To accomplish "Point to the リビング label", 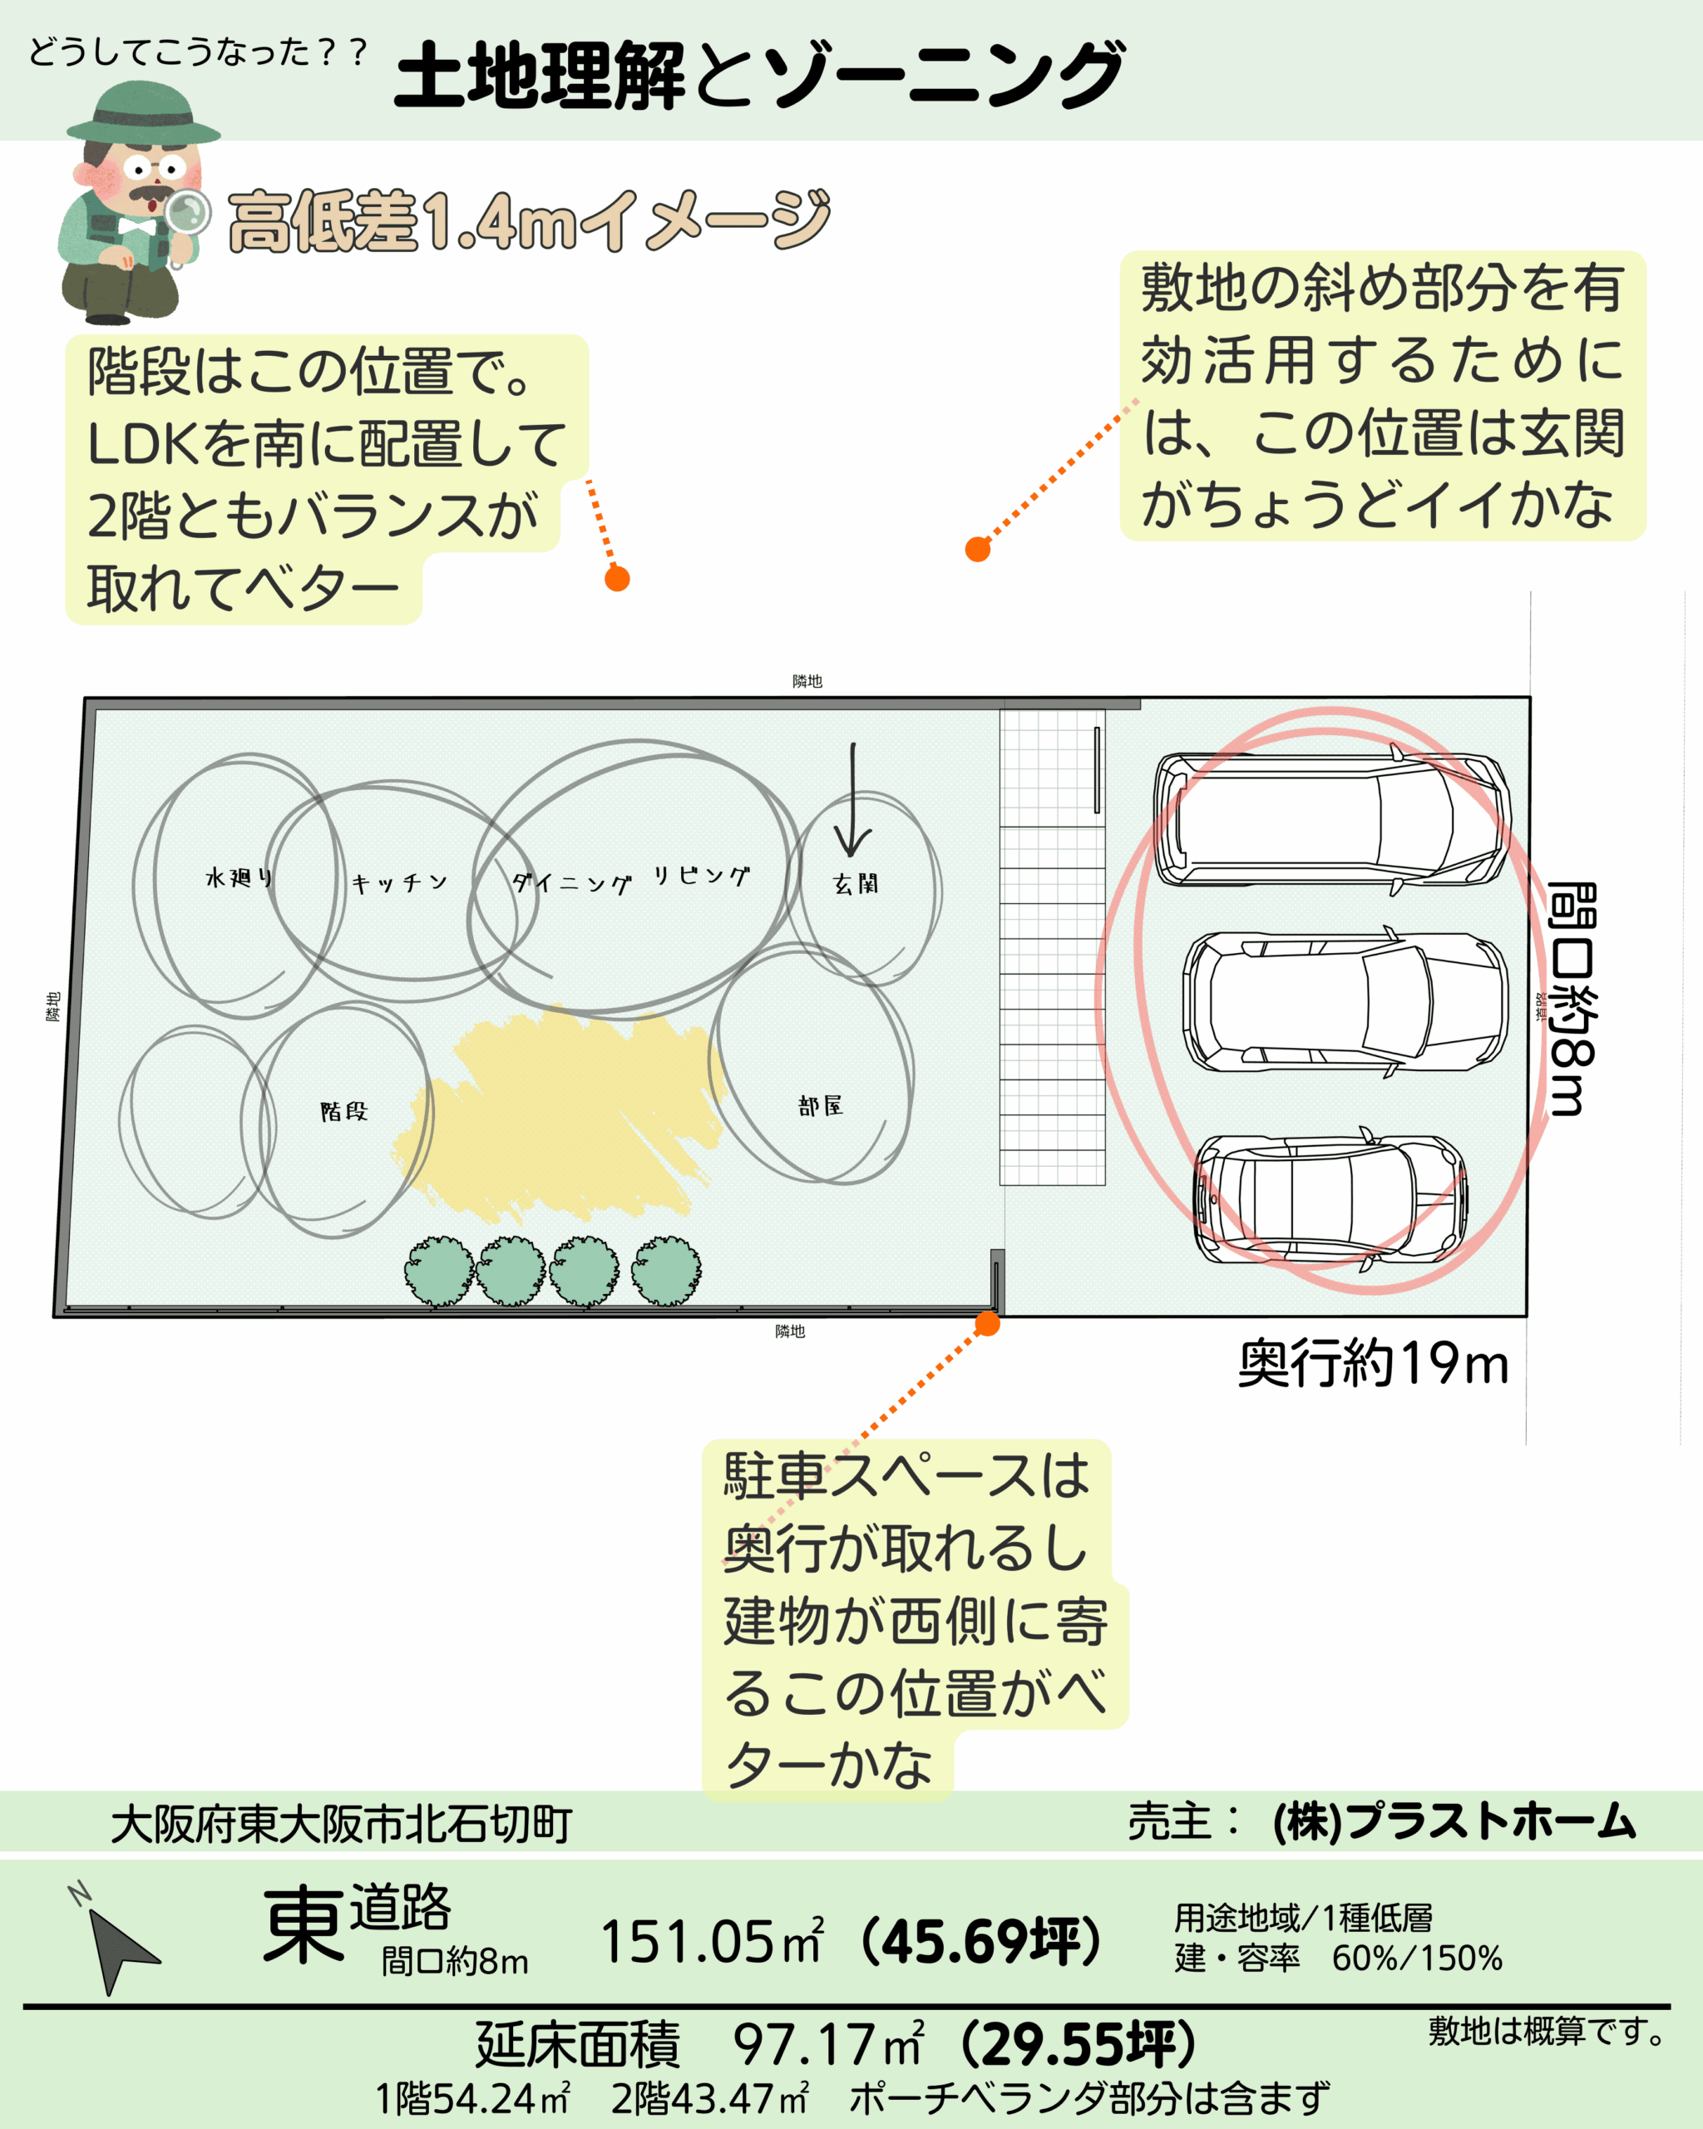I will pyautogui.click(x=701, y=876).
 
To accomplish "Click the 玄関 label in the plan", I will pyautogui.click(x=855, y=884).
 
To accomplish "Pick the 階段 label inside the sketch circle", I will pyautogui.click(x=343, y=1112).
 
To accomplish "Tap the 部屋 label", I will pyautogui.click(x=821, y=1106).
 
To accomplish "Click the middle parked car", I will pyautogui.click(x=1345, y=1001).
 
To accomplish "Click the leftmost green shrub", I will pyautogui.click(x=439, y=1271).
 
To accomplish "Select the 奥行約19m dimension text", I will pyautogui.click(x=1372, y=1365).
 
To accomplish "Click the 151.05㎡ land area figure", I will pyautogui.click(x=711, y=1941).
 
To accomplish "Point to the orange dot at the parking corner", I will pyautogui.click(x=987, y=1324).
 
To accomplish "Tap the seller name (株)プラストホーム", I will pyautogui.click(x=1454, y=1822).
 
